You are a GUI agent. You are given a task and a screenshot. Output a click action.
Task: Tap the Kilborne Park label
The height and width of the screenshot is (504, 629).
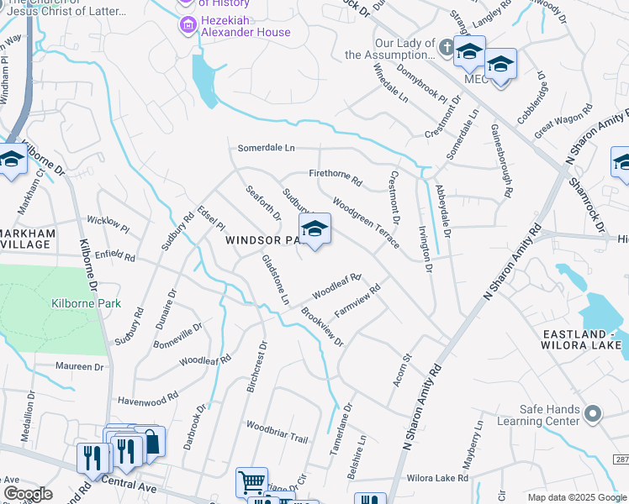pyautogui.click(x=86, y=303)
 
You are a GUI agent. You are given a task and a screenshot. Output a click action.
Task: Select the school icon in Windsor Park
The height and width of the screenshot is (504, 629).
pyautogui.click(x=314, y=229)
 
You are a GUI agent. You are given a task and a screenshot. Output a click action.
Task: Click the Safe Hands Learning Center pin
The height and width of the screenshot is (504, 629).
pyautogui.click(x=595, y=413)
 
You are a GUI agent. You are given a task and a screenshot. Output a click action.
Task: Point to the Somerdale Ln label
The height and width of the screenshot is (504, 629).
pyautogui.click(x=267, y=148)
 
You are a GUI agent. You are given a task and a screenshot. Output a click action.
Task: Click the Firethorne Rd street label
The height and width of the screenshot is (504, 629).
pyautogui.click(x=336, y=176)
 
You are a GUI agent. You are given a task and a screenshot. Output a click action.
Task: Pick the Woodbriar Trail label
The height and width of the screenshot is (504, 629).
pyautogui.click(x=277, y=432)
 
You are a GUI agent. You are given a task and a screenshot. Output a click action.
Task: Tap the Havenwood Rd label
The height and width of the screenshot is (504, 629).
pyautogui.click(x=148, y=398)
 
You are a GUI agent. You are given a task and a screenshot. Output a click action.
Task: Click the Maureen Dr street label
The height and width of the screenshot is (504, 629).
pyautogui.click(x=79, y=367)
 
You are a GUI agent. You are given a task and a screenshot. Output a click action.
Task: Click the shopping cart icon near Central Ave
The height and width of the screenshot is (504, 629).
pyautogui.click(x=251, y=482)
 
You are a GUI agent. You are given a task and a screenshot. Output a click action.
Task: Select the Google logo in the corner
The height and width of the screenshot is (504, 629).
pyautogui.click(x=28, y=494)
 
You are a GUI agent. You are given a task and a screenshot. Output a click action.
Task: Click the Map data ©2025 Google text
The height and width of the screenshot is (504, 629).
pyautogui.click(x=576, y=497)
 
